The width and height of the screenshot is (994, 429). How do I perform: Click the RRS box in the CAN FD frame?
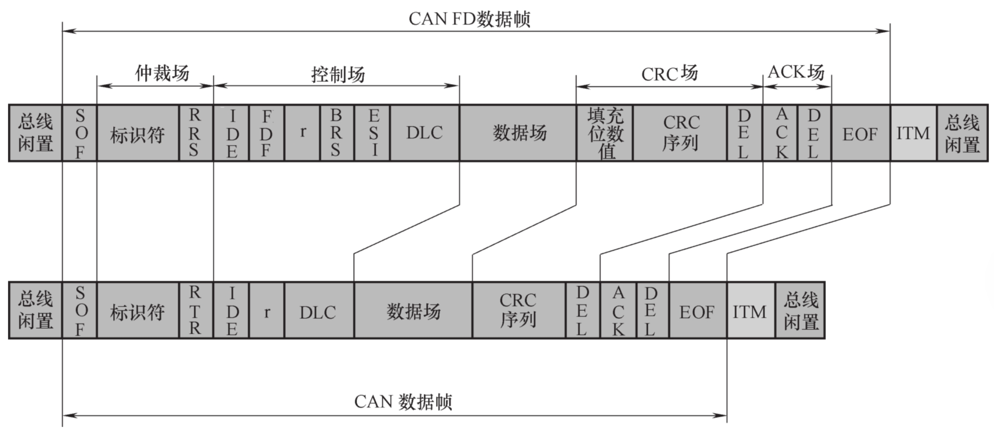click(196, 133)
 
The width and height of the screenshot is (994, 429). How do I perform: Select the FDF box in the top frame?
click(266, 133)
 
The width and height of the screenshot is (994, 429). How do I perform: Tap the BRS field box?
click(337, 133)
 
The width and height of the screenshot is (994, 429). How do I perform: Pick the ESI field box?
click(373, 133)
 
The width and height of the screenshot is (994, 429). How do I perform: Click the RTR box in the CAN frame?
click(196, 310)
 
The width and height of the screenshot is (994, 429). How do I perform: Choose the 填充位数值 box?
click(604, 133)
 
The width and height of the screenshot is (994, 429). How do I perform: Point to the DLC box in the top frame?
click(425, 133)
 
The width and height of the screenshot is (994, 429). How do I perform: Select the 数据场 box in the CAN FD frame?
click(518, 133)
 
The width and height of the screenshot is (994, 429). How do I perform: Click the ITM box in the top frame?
click(913, 133)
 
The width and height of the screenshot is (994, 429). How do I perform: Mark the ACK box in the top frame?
click(780, 133)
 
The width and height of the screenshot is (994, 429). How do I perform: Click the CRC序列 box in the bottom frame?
click(519, 310)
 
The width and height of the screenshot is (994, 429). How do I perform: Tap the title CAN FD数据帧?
click(469, 19)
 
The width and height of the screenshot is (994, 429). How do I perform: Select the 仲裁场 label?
click(162, 73)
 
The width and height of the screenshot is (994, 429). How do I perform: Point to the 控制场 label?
click(338, 74)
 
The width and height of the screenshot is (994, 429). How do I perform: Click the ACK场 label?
click(796, 72)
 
